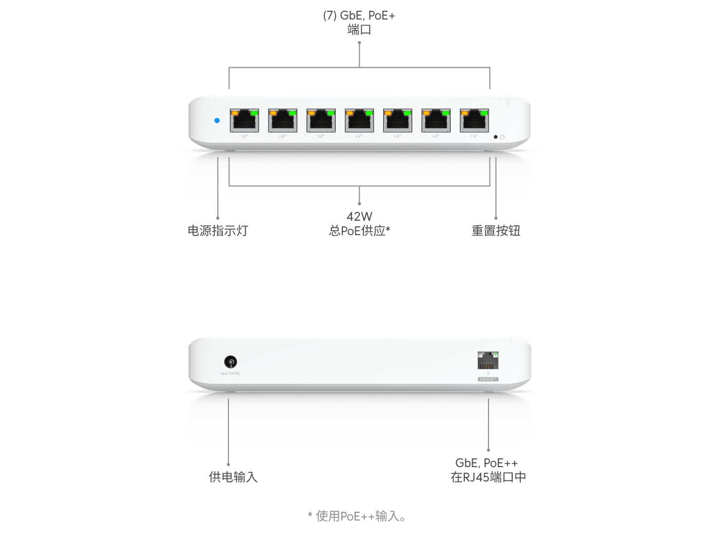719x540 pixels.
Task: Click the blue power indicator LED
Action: click(217, 121)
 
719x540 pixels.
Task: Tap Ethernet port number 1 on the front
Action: click(244, 121)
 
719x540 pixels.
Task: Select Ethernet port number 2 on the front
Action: click(283, 121)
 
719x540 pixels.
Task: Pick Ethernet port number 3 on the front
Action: click(321, 121)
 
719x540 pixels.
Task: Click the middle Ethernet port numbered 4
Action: click(359, 121)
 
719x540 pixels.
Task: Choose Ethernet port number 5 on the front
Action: click(398, 121)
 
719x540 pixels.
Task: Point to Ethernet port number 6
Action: click(436, 121)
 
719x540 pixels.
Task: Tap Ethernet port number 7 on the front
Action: click(474, 121)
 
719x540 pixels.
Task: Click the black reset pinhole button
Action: click(495, 137)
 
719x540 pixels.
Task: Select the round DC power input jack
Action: click(230, 362)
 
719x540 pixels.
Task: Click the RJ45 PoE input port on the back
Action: click(488, 361)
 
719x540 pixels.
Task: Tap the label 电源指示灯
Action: click(218, 230)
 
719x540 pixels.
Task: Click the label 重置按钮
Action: click(496, 230)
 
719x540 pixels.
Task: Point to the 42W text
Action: click(359, 217)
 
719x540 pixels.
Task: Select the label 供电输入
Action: click(232, 477)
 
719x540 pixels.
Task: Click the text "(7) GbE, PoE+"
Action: click(359, 15)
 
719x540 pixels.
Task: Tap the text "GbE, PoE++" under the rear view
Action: click(487, 463)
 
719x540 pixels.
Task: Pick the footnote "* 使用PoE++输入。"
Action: click(357, 516)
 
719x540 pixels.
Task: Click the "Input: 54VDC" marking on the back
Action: click(230, 374)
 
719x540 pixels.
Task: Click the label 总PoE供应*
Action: click(359, 231)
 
